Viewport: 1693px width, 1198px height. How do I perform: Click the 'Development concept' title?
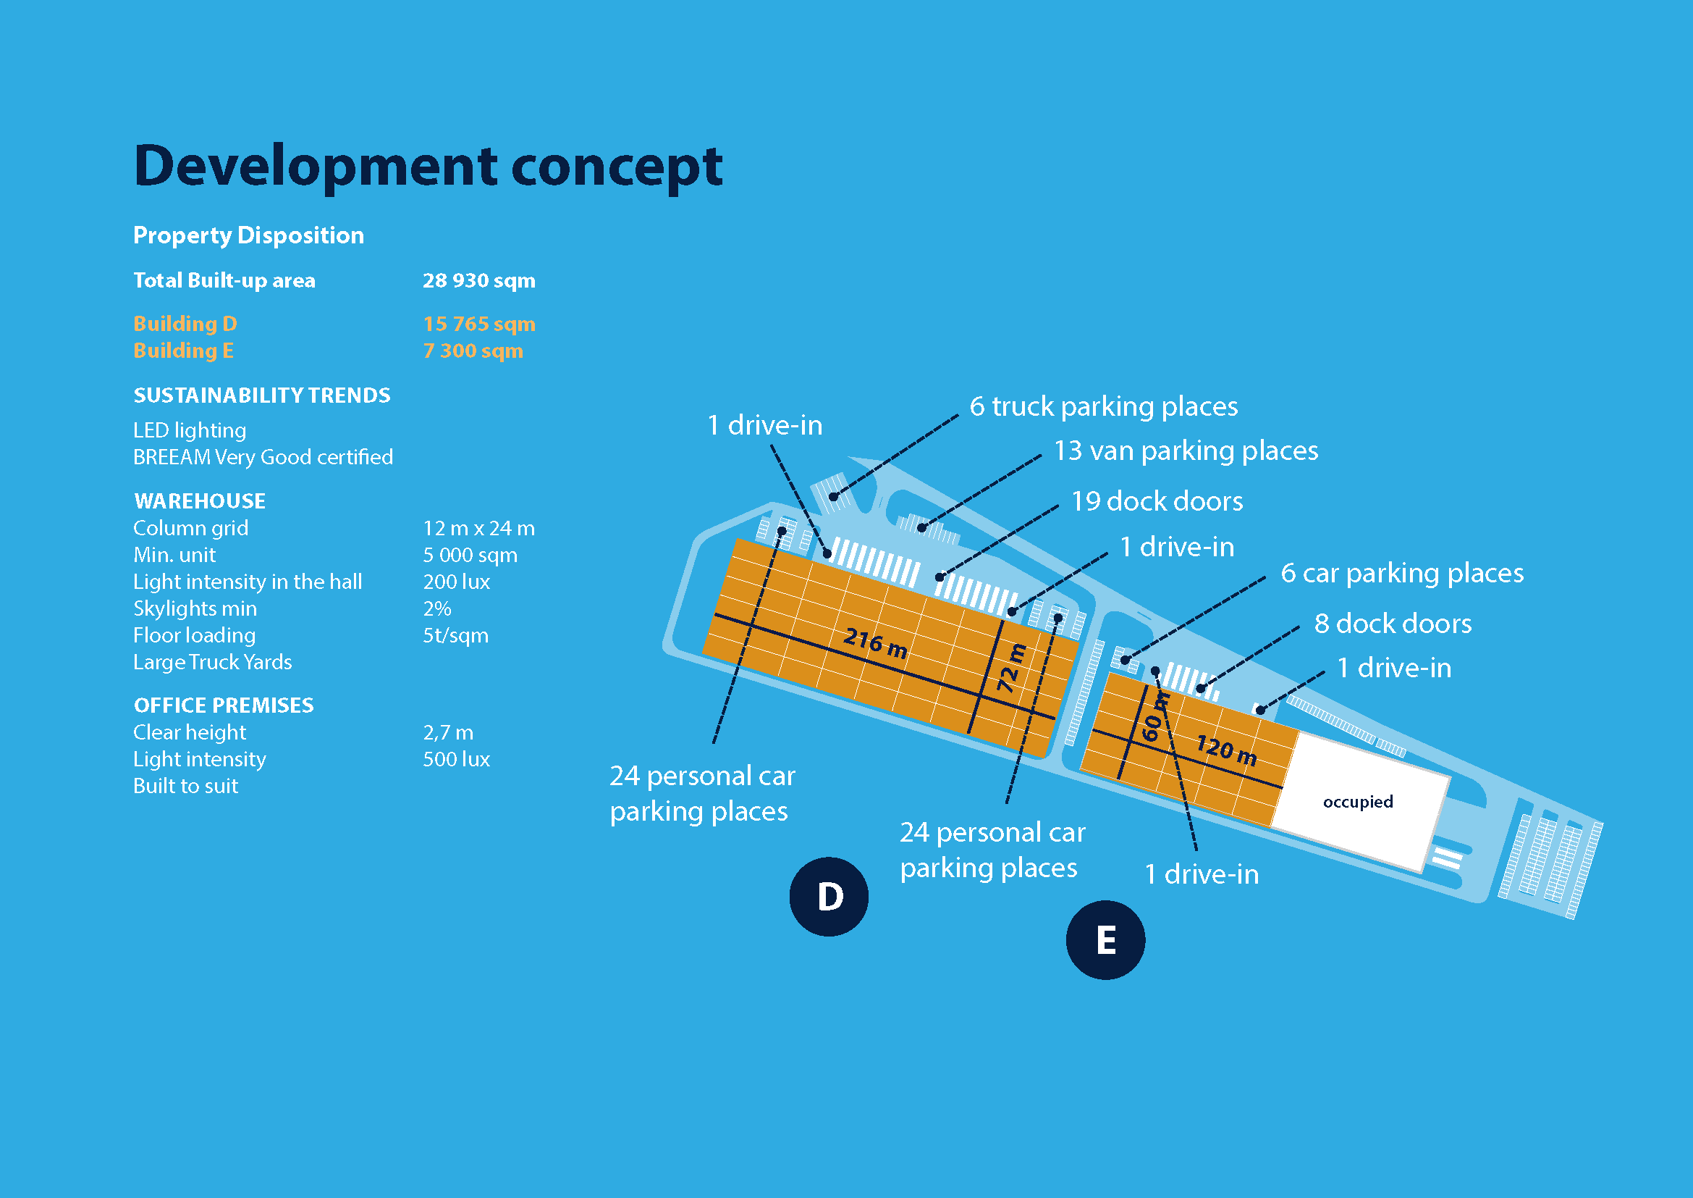[428, 167]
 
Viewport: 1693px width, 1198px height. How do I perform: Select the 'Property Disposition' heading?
[248, 235]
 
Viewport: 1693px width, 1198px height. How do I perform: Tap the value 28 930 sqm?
[478, 280]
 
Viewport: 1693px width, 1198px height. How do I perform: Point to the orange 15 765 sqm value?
[478, 324]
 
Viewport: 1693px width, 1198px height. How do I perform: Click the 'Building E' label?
[183, 351]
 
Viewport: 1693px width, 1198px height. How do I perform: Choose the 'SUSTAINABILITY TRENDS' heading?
[262, 395]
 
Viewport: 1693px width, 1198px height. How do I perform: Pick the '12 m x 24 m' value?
[478, 528]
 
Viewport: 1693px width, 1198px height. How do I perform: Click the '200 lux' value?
[456, 582]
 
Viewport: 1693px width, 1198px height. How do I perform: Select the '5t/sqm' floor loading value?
[455, 635]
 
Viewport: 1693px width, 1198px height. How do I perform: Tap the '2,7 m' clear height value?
[447, 732]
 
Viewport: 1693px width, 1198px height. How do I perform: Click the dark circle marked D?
[829, 896]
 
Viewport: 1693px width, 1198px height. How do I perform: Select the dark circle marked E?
[1105, 940]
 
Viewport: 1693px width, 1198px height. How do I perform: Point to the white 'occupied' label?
[1357, 802]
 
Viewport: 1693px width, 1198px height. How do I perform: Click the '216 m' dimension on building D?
[874, 642]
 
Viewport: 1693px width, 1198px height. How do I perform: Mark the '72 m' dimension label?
[1011, 668]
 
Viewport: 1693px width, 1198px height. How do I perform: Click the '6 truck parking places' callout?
[1103, 406]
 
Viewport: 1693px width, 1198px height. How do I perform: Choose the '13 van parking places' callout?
[1186, 451]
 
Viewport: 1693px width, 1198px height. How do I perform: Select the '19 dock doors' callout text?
[1156, 502]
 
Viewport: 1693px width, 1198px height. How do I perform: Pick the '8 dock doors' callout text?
[1392, 624]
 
